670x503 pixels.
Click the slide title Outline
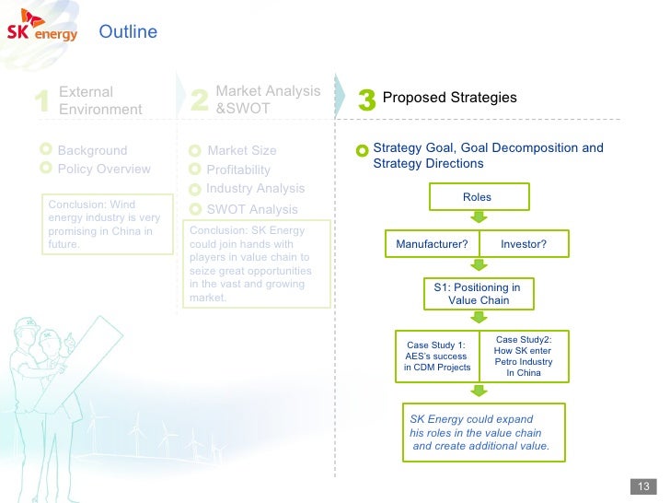click(128, 32)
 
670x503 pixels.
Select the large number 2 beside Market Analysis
click(199, 101)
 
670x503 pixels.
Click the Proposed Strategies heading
click(449, 98)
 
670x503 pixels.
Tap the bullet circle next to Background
click(46, 149)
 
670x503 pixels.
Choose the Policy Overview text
click(104, 169)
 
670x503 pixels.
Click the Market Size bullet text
click(241, 150)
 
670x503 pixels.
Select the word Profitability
click(238, 170)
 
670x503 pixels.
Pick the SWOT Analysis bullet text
click(252, 209)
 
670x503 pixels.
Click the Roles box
click(477, 197)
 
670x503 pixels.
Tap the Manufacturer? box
click(432, 244)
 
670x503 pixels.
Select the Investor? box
click(524, 244)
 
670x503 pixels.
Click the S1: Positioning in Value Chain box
click(477, 293)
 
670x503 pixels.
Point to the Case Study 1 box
click(437, 357)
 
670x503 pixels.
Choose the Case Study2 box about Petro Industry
click(524, 356)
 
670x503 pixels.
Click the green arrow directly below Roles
click(478, 219)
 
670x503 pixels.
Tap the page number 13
click(642, 487)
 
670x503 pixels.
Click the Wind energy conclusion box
click(105, 225)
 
